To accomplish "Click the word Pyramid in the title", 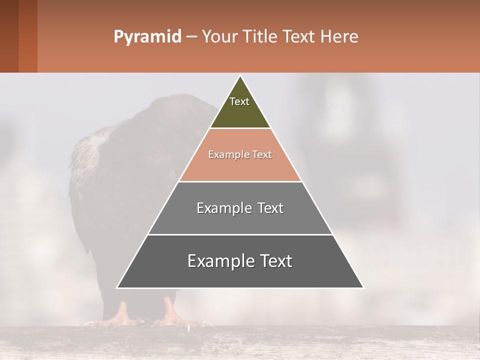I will [147, 37].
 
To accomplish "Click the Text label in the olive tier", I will [239, 101].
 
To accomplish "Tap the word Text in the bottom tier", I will [275, 261].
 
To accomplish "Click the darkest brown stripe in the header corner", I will [9, 36].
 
